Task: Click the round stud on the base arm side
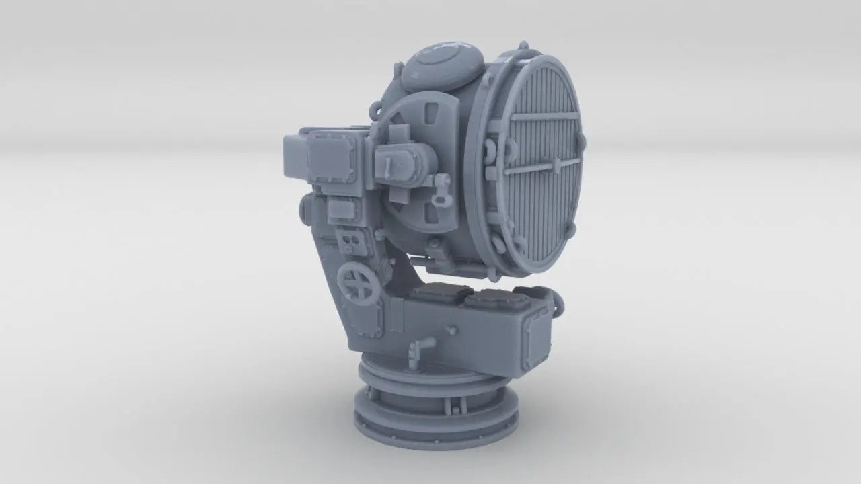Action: pos(452,329)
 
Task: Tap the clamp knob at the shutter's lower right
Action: pos(572,229)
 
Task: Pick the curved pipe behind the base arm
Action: pos(558,302)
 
